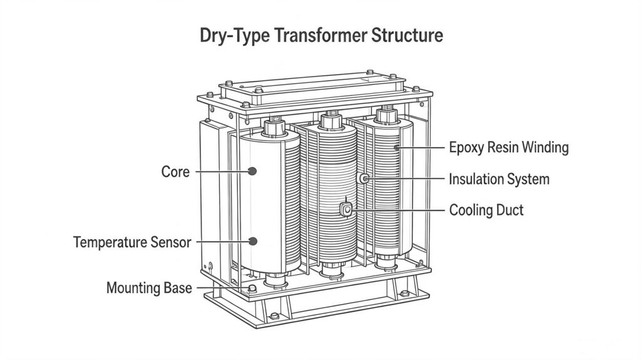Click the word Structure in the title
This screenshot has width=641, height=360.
(x=407, y=35)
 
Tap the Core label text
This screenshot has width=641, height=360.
(x=175, y=172)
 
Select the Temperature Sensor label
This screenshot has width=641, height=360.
(x=132, y=242)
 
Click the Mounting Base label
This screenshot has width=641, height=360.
(x=149, y=288)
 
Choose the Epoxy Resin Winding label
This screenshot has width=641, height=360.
(x=508, y=147)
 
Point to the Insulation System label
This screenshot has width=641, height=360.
(x=499, y=179)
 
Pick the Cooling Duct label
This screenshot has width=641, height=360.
(x=486, y=210)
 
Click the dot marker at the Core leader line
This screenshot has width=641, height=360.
(x=252, y=171)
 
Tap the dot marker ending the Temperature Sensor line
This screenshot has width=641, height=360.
(x=253, y=242)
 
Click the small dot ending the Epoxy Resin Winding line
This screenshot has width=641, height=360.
(x=396, y=147)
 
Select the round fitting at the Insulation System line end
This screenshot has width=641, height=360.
(x=364, y=178)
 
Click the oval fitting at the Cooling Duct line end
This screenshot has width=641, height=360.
(x=346, y=210)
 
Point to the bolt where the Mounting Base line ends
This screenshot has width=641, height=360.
(x=253, y=289)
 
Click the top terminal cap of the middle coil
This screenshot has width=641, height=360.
(x=331, y=121)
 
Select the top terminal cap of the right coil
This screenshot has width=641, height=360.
(x=387, y=115)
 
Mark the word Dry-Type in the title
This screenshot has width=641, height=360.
(x=235, y=36)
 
